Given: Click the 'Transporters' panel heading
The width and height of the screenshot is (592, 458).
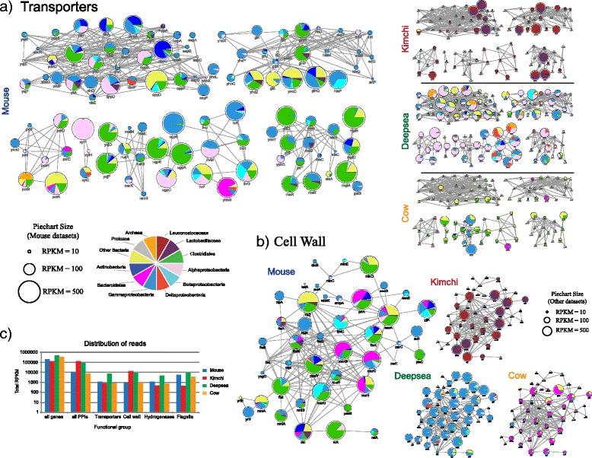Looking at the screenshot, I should (x=60, y=8).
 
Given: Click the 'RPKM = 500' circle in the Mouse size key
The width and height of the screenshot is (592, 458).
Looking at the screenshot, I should (x=27, y=292).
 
